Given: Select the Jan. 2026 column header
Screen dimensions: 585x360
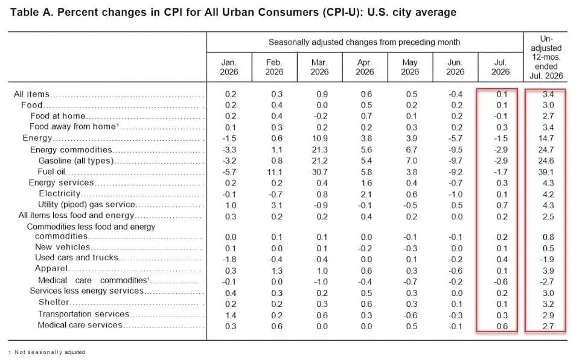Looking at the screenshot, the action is tap(229, 67).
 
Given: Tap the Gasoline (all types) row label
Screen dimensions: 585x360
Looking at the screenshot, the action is tap(75, 161).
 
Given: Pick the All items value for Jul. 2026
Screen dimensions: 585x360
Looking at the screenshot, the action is tap(502, 94).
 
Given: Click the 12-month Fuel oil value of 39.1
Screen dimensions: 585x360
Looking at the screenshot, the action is tap(546, 172).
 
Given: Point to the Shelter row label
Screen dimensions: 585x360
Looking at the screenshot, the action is tap(54, 302).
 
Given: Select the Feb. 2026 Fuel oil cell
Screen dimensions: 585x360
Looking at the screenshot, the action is tap(274, 172).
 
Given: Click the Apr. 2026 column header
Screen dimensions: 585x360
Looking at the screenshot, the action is tap(365, 67).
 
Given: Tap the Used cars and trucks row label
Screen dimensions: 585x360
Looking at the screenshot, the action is tap(77, 257).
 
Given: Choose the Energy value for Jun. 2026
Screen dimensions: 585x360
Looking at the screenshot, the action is tap(455, 138).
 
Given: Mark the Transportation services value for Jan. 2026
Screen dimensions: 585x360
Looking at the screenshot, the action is tap(231, 315).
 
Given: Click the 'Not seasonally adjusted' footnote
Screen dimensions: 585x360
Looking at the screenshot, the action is tap(50, 352).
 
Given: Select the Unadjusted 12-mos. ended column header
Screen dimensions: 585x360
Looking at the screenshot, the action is tap(546, 57).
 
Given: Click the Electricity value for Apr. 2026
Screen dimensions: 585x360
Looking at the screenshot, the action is tap(366, 194).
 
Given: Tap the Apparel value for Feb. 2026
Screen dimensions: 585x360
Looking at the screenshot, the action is tap(277, 271).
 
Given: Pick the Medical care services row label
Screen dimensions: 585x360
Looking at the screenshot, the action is tap(80, 325).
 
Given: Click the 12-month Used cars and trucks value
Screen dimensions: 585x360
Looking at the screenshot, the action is tap(547, 259).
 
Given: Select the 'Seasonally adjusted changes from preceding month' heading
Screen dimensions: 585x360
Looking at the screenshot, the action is tap(364, 42).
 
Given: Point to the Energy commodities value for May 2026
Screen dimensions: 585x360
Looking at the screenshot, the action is tap(411, 149).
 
